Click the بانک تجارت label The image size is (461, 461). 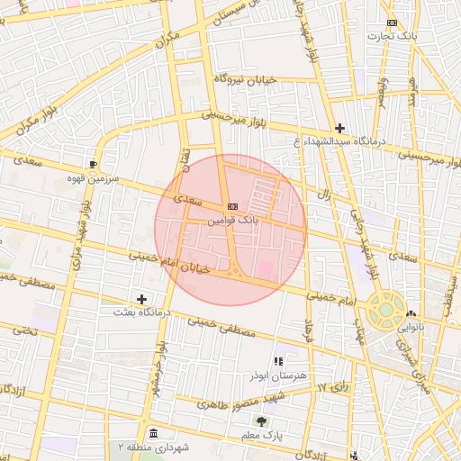click(389, 36)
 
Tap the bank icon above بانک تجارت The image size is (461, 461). click(391, 23)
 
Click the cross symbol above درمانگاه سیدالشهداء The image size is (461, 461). click(339, 128)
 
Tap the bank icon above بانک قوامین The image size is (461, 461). click(232, 205)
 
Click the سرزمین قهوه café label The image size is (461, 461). click(93, 177)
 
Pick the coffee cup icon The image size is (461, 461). click(94, 164)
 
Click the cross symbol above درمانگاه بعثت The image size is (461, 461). click(141, 298)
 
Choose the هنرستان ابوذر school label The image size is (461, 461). click(289, 374)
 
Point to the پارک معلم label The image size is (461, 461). click(262, 435)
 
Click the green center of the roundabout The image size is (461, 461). click(385, 309)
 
